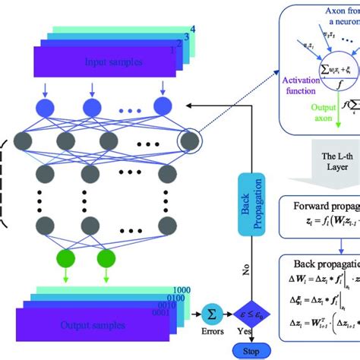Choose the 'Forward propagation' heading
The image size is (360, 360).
tap(324, 227)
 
